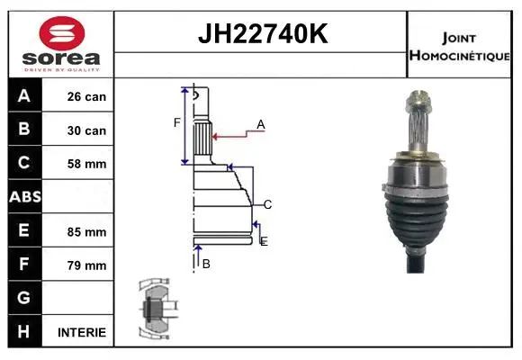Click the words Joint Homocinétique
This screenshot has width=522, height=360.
click(x=461, y=45)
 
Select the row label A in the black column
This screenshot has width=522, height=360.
click(x=24, y=96)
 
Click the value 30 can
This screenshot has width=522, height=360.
click(x=86, y=130)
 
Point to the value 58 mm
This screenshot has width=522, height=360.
click(x=86, y=164)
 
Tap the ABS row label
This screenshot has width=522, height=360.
click(x=24, y=197)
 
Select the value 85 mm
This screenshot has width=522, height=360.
click(x=86, y=231)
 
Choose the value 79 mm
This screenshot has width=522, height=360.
click(x=86, y=265)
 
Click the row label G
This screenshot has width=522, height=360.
click(x=24, y=298)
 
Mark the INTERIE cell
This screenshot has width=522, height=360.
click(x=81, y=332)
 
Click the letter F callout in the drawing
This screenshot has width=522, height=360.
click(x=177, y=122)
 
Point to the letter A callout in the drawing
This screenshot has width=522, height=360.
click(x=261, y=124)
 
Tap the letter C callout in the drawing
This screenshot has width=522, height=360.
click(x=267, y=204)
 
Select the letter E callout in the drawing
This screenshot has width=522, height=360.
click(x=263, y=240)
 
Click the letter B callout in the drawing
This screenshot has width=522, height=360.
click(x=206, y=263)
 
